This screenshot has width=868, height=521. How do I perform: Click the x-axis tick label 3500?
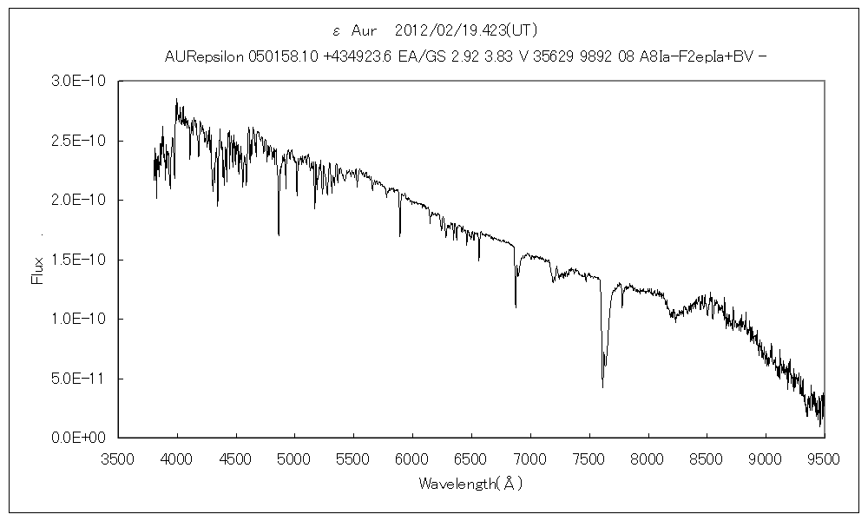click(x=118, y=456)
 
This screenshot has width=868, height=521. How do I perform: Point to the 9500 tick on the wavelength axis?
click(x=823, y=456)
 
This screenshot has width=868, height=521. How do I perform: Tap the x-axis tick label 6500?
click(x=470, y=456)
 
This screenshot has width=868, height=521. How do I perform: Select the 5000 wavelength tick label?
click(x=294, y=456)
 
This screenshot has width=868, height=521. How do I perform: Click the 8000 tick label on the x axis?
click(x=647, y=456)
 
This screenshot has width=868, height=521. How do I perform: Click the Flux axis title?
click(x=36, y=270)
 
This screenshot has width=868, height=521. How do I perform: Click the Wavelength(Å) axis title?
click(x=470, y=482)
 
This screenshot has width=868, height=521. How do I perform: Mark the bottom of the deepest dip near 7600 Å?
click(x=602, y=386)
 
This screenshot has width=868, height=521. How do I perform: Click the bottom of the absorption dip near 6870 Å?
click(x=516, y=306)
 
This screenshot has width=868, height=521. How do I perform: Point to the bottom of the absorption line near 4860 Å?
click(x=279, y=234)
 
